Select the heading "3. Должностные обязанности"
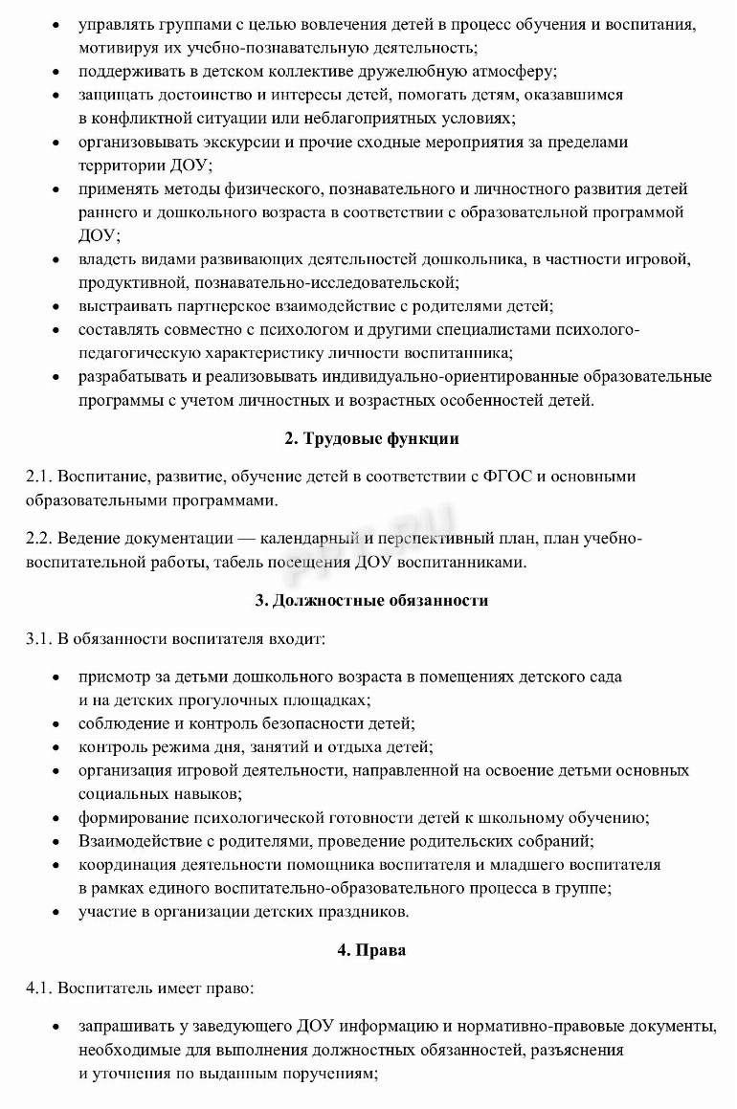371,601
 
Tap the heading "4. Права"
371,950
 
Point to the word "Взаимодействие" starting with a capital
136,841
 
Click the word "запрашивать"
125,1027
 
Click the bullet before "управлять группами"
57,24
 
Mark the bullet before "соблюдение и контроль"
57,724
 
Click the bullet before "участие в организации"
57,911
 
